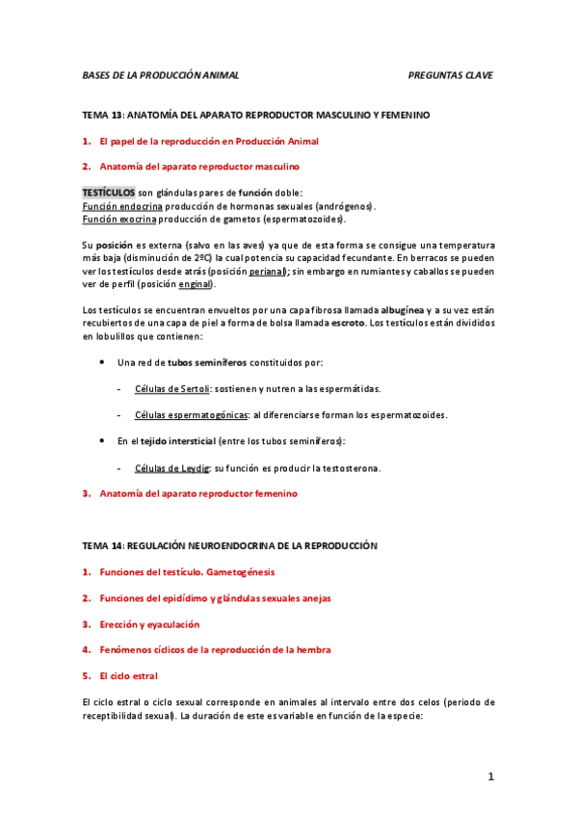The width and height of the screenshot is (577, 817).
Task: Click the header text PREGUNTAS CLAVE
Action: click(450, 75)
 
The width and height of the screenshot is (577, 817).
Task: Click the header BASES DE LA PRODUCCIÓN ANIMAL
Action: click(161, 75)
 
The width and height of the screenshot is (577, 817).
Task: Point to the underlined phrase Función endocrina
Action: click(122, 206)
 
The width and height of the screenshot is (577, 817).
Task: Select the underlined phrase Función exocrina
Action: click(120, 219)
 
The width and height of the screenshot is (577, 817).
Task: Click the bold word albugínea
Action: click(403, 310)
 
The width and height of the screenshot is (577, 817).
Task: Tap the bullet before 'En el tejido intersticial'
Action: click(103, 440)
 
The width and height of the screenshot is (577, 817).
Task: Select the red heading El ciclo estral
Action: click(133, 675)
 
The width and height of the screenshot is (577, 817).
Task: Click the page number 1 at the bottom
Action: click(490, 777)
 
